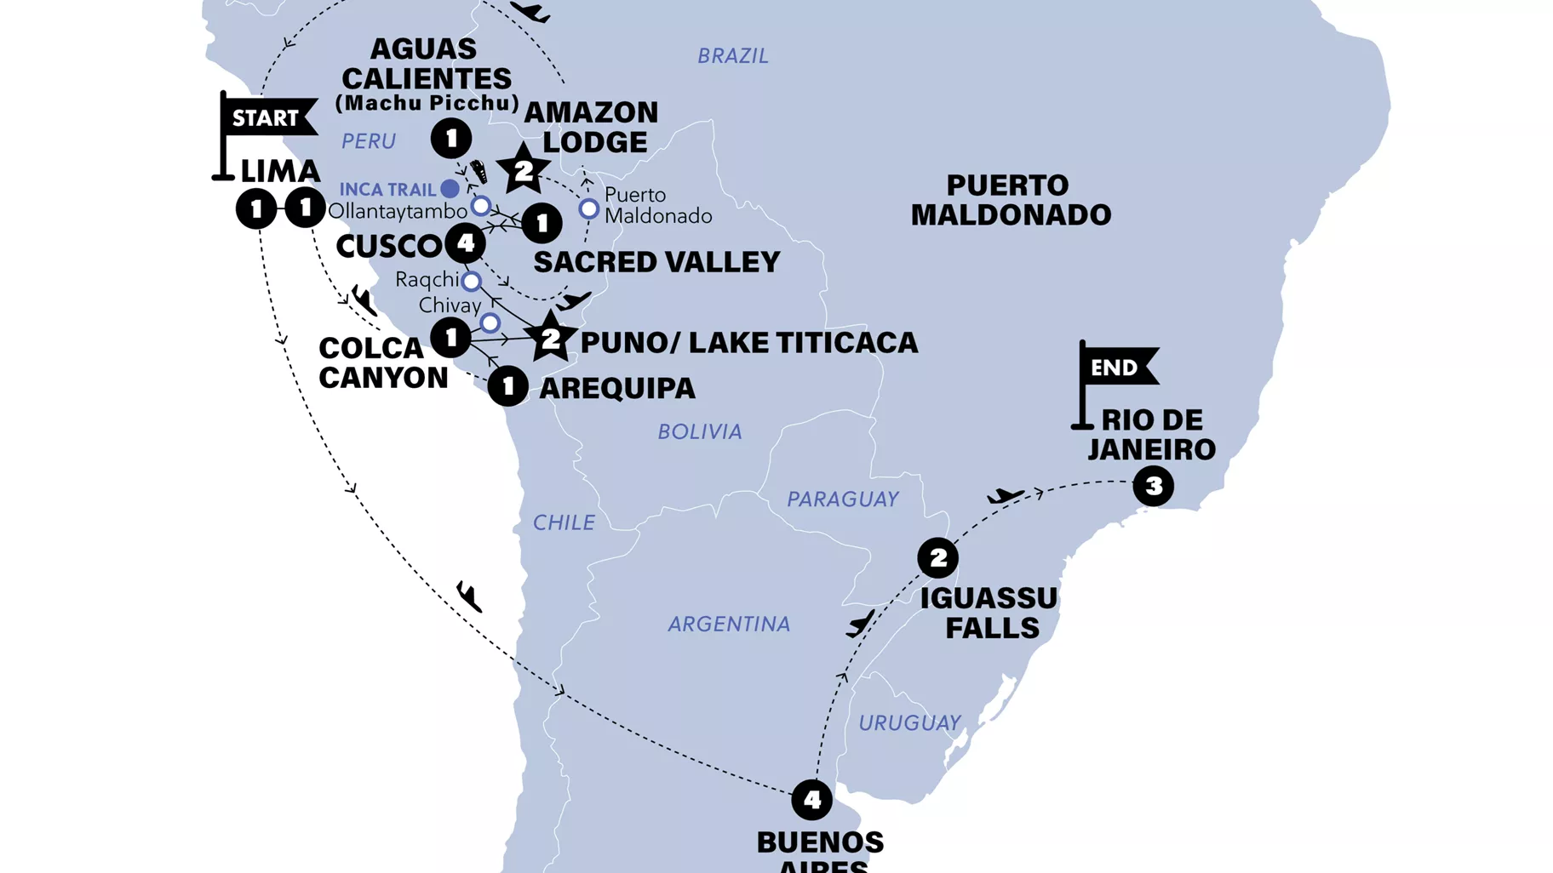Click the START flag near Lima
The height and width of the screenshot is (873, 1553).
click(x=266, y=118)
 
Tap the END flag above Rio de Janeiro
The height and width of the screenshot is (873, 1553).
click(x=1116, y=368)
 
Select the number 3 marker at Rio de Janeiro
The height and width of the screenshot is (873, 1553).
click(x=1154, y=486)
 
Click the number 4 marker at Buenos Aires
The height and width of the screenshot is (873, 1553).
click(x=811, y=800)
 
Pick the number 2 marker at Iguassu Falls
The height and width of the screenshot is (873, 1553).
click(x=937, y=558)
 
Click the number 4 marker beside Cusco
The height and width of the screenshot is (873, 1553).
click(x=465, y=243)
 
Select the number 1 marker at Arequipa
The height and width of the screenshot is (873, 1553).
click(x=508, y=387)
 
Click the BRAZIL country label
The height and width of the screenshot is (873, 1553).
click(x=733, y=56)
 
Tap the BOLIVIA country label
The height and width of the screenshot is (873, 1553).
click(x=700, y=432)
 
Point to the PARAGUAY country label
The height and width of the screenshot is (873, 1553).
click(x=843, y=499)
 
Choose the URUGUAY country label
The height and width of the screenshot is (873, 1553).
click(x=909, y=723)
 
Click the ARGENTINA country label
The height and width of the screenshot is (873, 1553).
click(x=729, y=625)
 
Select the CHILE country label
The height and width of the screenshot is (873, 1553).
click(x=564, y=522)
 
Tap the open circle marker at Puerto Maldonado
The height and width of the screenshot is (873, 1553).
click(x=588, y=208)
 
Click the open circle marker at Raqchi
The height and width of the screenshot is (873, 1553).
click(x=471, y=281)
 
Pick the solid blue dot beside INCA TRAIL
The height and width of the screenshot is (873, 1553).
click(x=450, y=188)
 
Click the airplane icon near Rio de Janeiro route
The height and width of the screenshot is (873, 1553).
click(x=1006, y=495)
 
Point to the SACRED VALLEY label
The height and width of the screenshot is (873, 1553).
click(x=656, y=262)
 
